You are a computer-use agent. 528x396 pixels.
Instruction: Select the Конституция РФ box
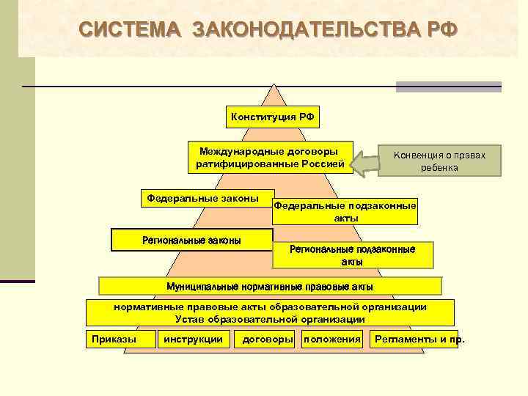[274, 117]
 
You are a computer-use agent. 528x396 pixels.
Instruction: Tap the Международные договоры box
[270, 157]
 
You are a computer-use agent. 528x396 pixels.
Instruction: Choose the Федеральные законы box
[202, 199]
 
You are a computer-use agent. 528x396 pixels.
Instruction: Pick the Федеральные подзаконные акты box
[345, 212]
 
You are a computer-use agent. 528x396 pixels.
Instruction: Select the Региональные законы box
[191, 240]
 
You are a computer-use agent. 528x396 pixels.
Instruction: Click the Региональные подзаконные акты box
[352, 254]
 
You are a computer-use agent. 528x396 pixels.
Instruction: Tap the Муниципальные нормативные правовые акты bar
[270, 286]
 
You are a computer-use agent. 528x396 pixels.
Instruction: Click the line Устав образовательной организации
[270, 319]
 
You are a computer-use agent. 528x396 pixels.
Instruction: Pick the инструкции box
[194, 339]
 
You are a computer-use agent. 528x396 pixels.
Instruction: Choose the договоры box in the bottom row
[268, 339]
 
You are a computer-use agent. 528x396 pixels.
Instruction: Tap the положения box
[332, 339]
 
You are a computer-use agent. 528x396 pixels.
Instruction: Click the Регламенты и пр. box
[416, 339]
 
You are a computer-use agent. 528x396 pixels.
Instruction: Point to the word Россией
[322, 164]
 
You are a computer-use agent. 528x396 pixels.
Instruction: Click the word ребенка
[439, 168]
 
